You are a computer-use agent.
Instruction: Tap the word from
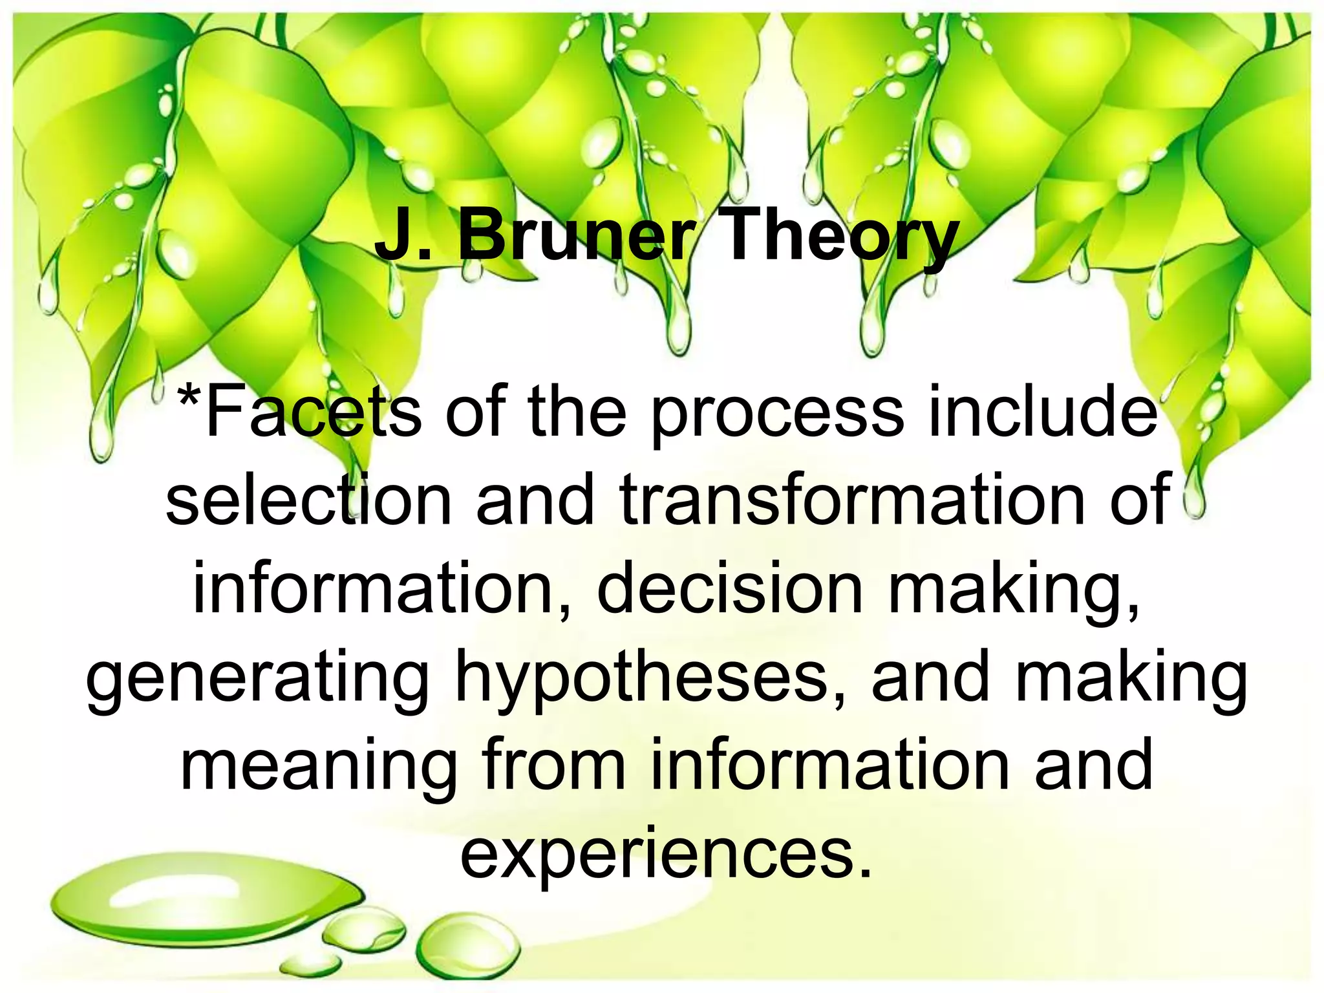click(553, 765)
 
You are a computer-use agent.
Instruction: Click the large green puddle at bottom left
click(194, 908)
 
